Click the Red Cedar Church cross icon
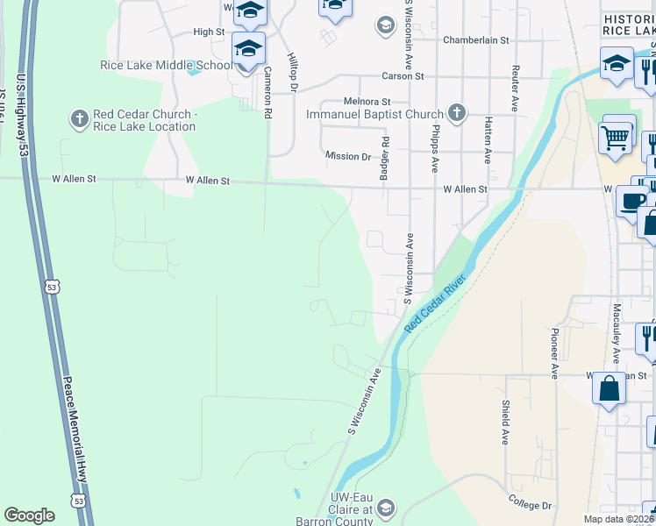[x=79, y=117]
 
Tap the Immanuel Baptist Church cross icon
[x=455, y=112]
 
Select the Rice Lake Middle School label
[x=179, y=65]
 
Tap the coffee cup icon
[x=632, y=201]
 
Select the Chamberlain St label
[x=476, y=40]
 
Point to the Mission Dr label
[x=348, y=156]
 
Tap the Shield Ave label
[x=506, y=423]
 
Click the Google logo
[x=29, y=515]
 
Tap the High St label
[x=209, y=32]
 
